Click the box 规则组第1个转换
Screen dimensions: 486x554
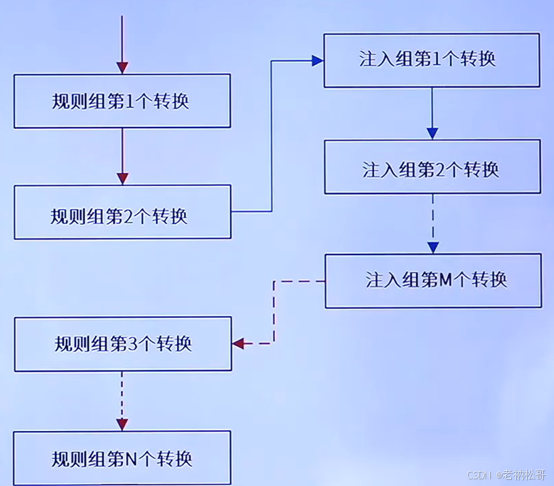coord(122,101)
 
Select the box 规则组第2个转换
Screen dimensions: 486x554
coord(122,212)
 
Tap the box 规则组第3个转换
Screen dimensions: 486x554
coord(122,343)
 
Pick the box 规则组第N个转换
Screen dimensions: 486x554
coord(122,458)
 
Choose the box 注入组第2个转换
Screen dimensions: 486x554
coord(432,167)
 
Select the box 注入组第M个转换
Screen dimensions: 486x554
coord(433,280)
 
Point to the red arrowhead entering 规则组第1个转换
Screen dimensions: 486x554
coord(122,67)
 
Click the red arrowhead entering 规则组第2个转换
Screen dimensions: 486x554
coord(122,179)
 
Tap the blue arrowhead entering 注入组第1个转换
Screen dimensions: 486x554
coord(316,60)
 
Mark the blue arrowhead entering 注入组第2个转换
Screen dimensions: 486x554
coord(432,133)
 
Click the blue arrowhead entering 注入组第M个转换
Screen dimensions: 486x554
coord(432,247)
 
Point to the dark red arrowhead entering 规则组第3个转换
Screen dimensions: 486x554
coord(238,343)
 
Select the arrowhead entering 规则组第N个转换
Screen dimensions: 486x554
coord(122,424)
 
